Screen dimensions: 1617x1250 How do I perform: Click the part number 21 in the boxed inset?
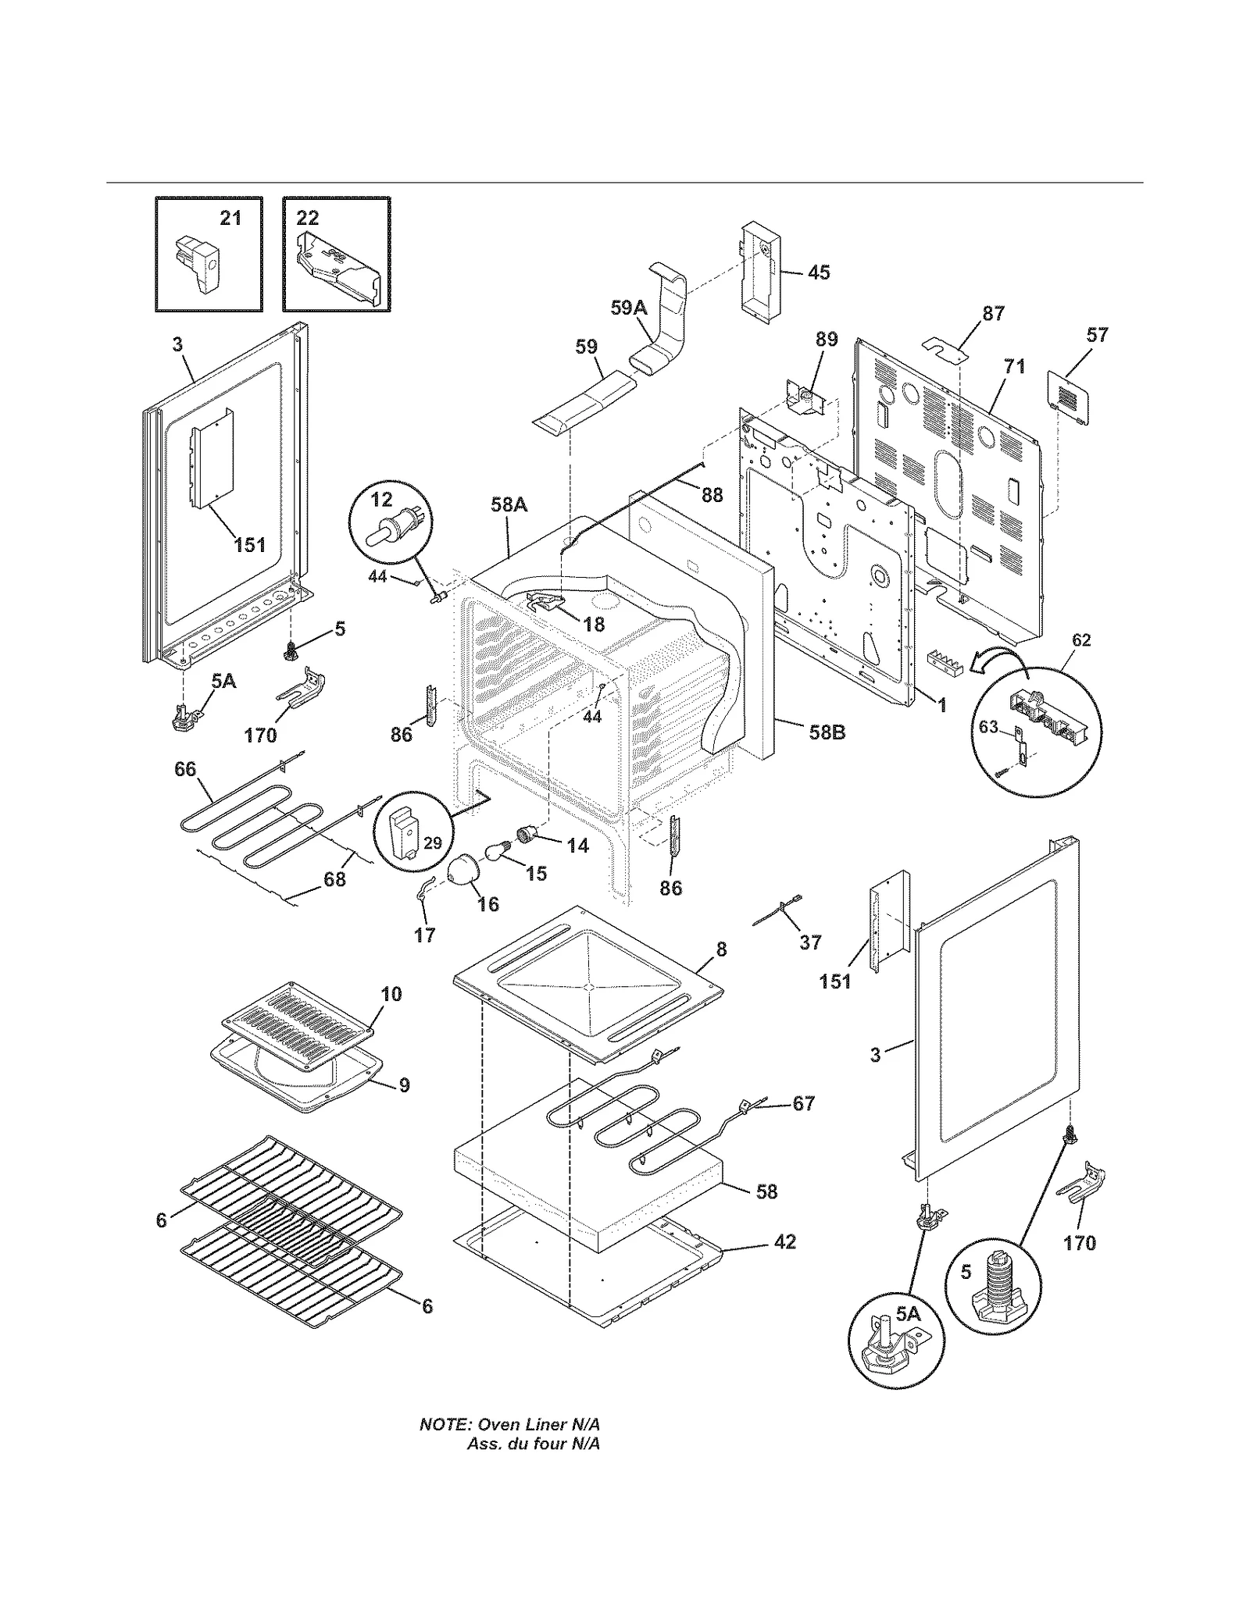click(x=230, y=218)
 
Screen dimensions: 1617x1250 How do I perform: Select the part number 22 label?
click(x=308, y=218)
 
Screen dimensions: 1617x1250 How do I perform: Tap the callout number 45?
click(x=818, y=272)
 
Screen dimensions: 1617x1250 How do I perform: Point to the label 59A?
click(x=629, y=308)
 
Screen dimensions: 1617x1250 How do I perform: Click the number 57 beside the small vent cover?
click(x=1097, y=335)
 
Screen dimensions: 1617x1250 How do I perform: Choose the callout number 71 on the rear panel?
click(x=1014, y=365)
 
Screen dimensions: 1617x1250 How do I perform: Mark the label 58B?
click(x=827, y=732)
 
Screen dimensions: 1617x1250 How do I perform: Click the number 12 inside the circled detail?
click(x=381, y=498)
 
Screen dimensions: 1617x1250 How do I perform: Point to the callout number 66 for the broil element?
click(x=185, y=769)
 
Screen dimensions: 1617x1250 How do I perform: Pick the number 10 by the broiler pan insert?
click(x=391, y=993)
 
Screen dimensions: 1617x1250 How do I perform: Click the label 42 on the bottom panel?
click(x=784, y=1241)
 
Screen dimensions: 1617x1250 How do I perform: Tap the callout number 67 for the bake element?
click(x=803, y=1103)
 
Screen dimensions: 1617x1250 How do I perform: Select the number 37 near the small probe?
click(x=810, y=942)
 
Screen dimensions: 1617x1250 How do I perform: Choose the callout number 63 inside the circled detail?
click(x=988, y=727)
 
